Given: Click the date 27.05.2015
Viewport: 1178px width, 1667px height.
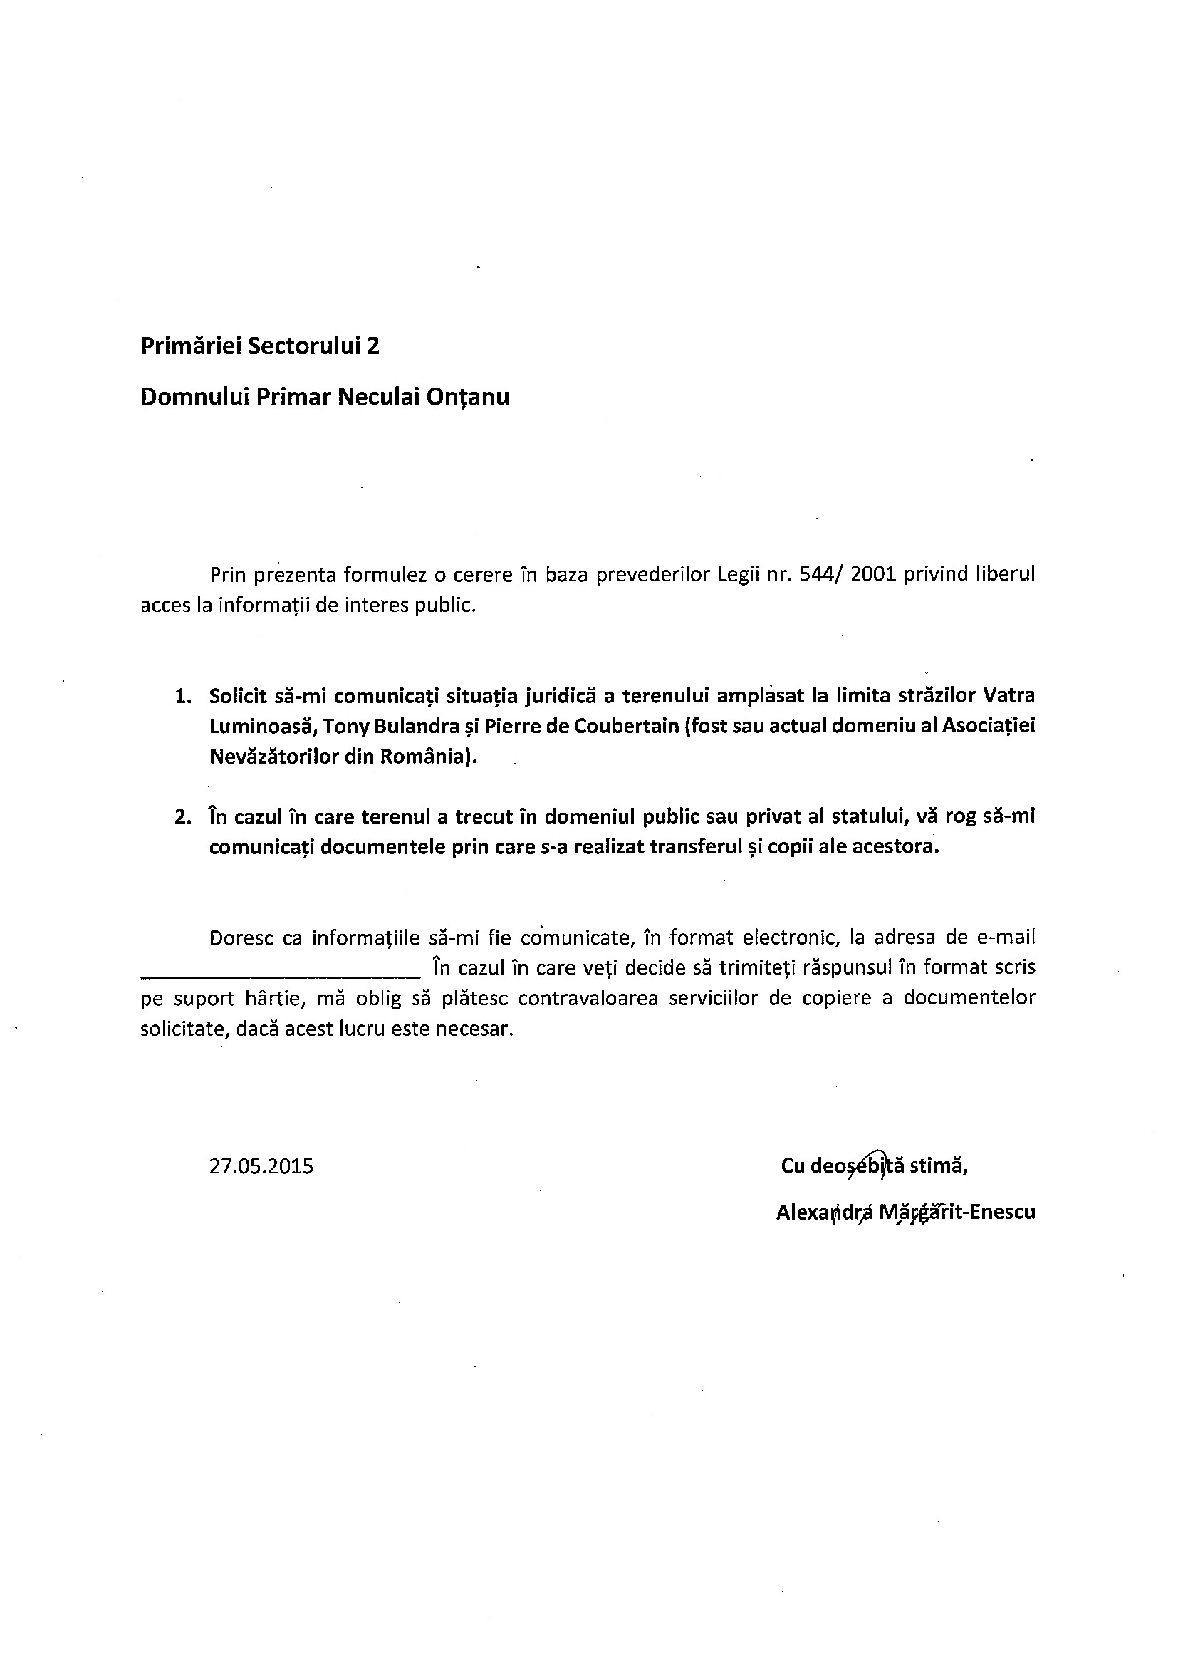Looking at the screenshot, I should tap(261, 1167).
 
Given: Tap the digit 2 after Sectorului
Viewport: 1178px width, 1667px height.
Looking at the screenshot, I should tap(372, 346).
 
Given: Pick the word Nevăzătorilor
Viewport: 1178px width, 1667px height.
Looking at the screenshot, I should tap(273, 757).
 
